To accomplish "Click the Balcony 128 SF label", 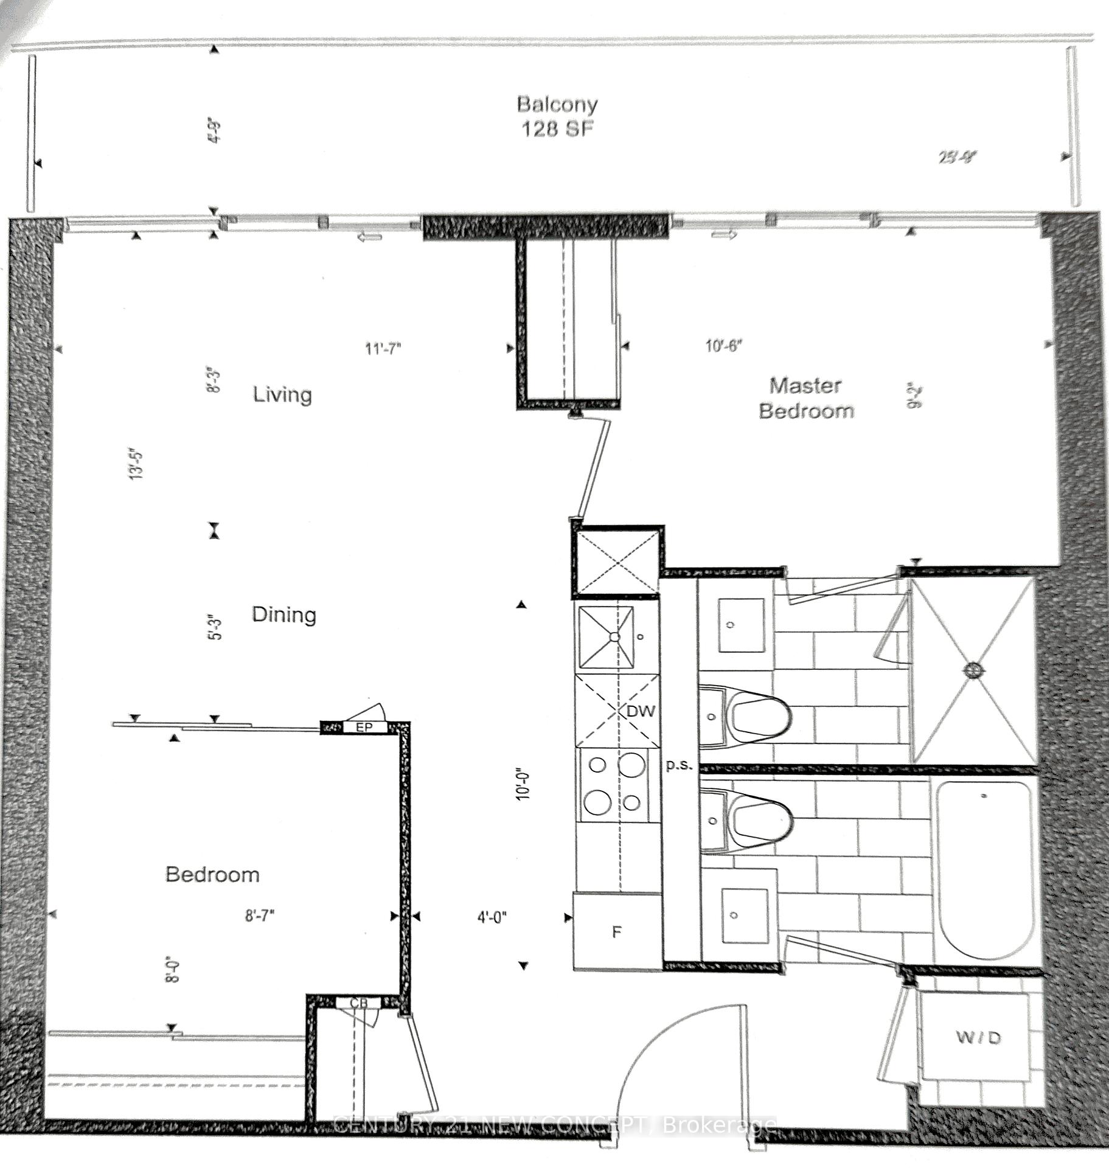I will click(557, 116).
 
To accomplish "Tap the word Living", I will click(282, 394).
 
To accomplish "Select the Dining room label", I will click(283, 614).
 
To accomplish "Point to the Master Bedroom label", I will click(805, 398).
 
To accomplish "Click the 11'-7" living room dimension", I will click(383, 349).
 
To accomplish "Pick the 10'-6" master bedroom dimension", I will click(723, 346).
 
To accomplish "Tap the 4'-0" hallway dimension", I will click(492, 917).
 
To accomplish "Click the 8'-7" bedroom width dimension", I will click(260, 916).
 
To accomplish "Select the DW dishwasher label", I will click(640, 711).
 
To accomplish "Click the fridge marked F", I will click(616, 931).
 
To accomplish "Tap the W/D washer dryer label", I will click(978, 1037).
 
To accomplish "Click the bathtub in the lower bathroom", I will click(984, 870).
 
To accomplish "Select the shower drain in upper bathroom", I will click(972, 670).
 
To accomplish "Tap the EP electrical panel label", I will click(364, 727).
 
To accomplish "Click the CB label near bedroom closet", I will click(358, 1003).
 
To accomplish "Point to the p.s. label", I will click(679, 765).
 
